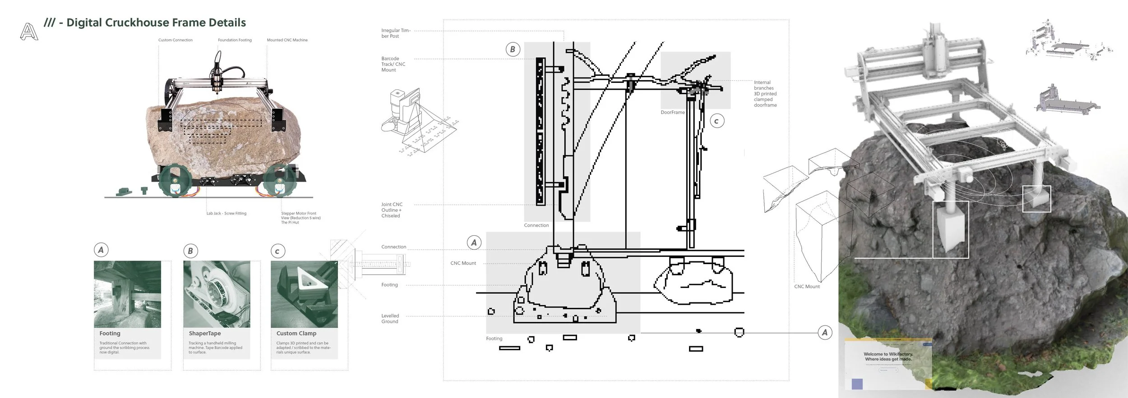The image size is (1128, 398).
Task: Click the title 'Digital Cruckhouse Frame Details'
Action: [x=156, y=23]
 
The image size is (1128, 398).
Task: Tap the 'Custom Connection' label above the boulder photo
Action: [x=175, y=40]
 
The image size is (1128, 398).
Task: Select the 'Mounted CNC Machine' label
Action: [x=287, y=40]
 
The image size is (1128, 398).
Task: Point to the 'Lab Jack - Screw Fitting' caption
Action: [x=227, y=213]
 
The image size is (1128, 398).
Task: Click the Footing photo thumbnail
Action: [x=127, y=294]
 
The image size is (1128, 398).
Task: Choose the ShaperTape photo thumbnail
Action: [x=217, y=294]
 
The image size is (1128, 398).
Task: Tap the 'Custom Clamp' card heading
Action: [x=296, y=333]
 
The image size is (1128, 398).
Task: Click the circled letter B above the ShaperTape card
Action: [x=190, y=251]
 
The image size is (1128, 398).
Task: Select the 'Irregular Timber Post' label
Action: [x=395, y=33]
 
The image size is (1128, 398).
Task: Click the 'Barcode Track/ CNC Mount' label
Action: [x=393, y=64]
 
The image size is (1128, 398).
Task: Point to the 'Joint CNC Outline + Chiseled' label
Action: [x=392, y=210]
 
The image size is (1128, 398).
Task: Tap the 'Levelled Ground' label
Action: [x=390, y=319]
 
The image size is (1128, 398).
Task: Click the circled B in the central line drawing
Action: [x=512, y=50]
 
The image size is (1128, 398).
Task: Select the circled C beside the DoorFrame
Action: [x=717, y=121]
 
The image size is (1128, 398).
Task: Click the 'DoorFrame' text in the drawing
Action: [x=672, y=112]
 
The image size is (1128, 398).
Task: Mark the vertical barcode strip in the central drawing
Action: [x=540, y=131]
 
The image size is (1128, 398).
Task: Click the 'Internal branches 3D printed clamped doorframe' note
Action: [x=765, y=94]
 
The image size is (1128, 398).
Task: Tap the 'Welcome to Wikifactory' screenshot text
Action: [x=888, y=357]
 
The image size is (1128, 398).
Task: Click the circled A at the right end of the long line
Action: [x=825, y=333]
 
